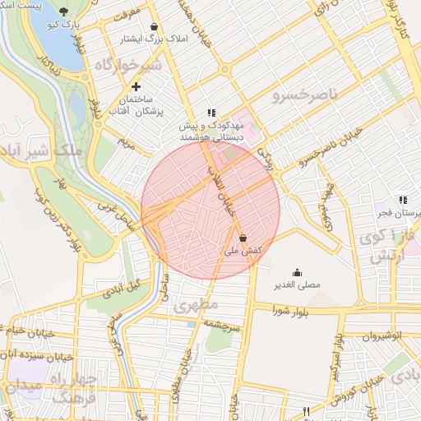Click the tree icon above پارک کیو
(x=65, y=12)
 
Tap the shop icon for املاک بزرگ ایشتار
(x=154, y=26)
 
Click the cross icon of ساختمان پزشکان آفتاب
(x=136, y=86)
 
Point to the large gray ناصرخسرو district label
(x=305, y=95)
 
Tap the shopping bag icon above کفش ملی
(x=243, y=238)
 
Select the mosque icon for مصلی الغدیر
(x=297, y=273)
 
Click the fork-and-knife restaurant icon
(x=307, y=410)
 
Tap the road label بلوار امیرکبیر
(x=338, y=359)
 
